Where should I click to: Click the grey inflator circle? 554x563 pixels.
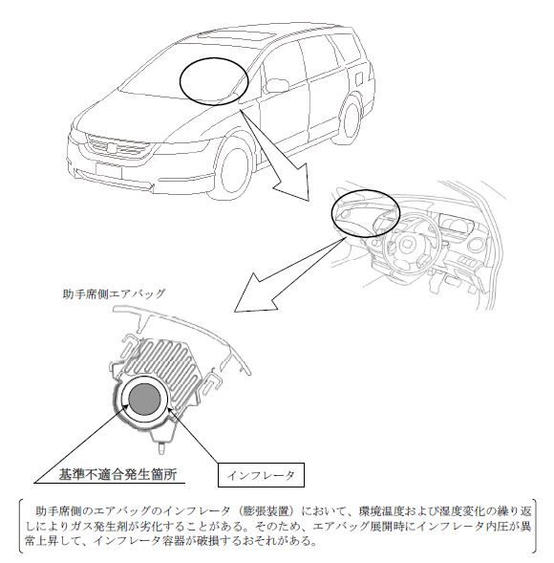click(x=144, y=399)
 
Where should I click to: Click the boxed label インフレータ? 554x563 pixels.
click(x=261, y=475)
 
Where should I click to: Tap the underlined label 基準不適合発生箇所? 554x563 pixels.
click(x=117, y=475)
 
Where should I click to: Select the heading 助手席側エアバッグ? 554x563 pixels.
click(x=114, y=293)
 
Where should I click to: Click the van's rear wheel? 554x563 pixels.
click(x=351, y=119)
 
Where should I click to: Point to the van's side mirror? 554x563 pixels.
click(x=277, y=85)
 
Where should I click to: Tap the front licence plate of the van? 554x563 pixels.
click(x=109, y=170)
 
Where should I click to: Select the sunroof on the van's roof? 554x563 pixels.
click(x=237, y=36)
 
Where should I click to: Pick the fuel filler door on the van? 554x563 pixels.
click(x=359, y=76)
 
